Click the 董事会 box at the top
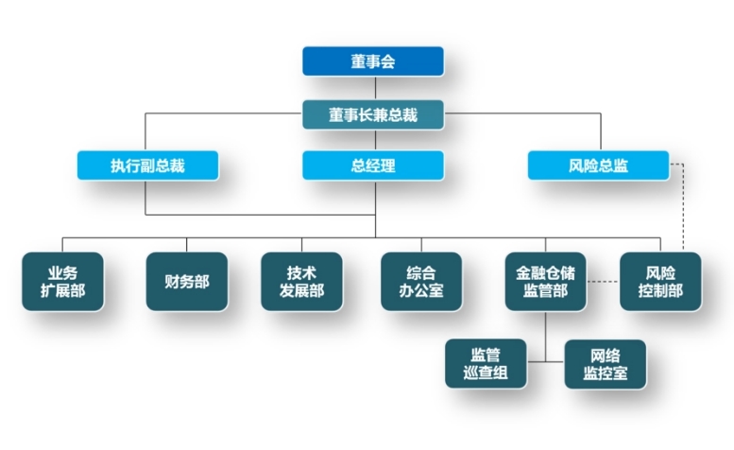click(x=373, y=61)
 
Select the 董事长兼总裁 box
click(x=373, y=114)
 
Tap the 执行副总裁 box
click(x=147, y=165)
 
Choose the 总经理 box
click(x=373, y=165)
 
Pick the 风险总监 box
click(x=598, y=165)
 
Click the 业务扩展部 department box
click(x=63, y=281)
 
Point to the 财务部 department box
click(x=187, y=281)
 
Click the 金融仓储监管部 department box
click(x=545, y=281)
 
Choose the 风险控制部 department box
click(x=660, y=281)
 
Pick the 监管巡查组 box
click(x=485, y=364)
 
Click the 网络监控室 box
click(x=605, y=364)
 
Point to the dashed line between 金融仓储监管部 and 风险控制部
click(x=603, y=281)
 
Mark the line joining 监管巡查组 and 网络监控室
click(x=545, y=361)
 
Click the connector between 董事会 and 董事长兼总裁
click(x=373, y=88)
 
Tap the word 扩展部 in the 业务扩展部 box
click(x=63, y=291)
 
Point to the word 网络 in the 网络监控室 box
click(x=605, y=355)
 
